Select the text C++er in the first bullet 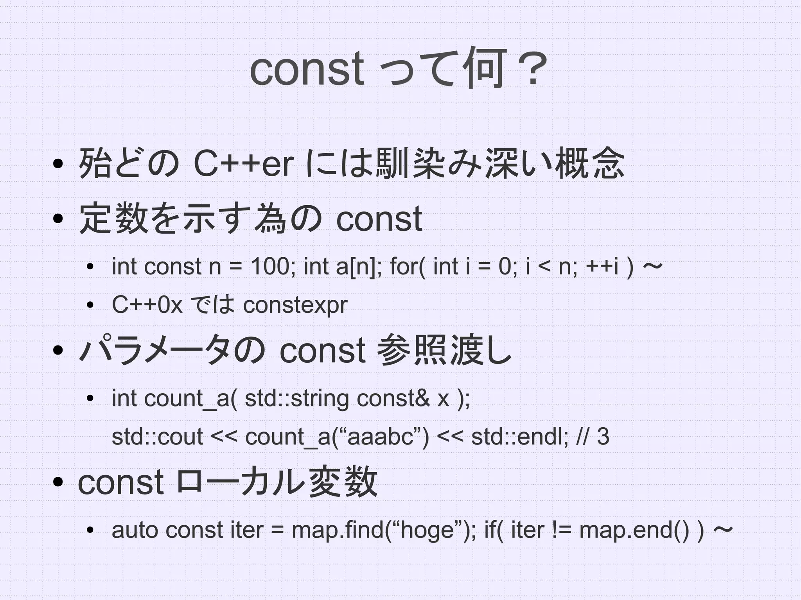pos(243,164)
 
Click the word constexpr pos(295,305)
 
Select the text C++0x pos(147,305)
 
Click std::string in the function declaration pos(296,399)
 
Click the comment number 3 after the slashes pos(603,437)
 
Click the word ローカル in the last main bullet pos(240,482)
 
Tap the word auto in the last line pos(135,530)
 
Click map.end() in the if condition pos(634,530)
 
